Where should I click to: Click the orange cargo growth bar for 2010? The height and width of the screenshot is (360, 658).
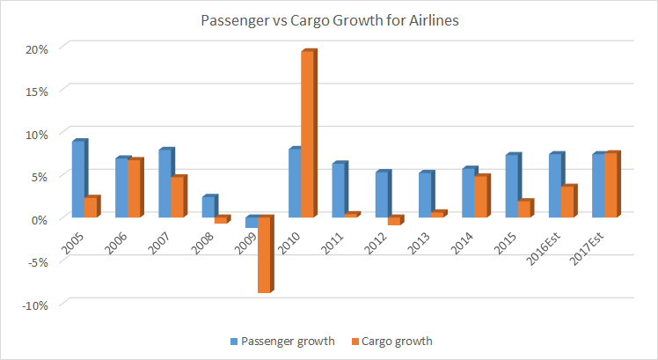pos(308,135)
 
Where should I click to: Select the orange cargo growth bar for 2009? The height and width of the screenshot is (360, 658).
pos(264,254)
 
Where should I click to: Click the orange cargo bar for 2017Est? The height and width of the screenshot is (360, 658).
pos(611,186)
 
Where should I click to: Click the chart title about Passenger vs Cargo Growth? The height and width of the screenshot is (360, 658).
pos(328,20)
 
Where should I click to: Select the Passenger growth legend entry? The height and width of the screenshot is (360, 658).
pos(283,341)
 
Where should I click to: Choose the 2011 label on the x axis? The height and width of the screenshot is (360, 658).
pos(333,237)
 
